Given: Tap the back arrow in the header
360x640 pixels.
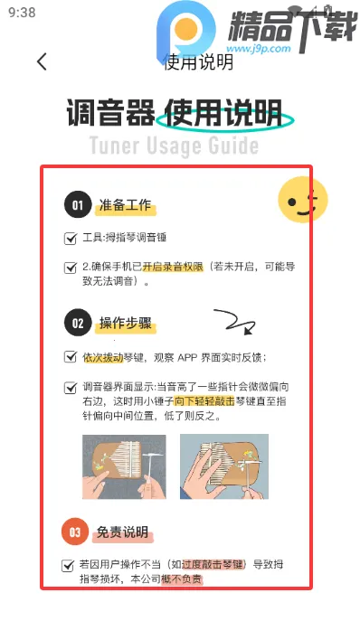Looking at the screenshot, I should pos(41,61).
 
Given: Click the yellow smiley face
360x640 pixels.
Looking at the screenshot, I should pos(301,200).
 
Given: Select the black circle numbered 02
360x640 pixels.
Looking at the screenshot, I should pos(78,323).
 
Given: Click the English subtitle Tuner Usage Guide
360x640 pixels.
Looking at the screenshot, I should pos(174,146).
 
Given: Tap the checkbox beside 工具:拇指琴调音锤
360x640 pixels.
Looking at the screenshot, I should pos(71,239).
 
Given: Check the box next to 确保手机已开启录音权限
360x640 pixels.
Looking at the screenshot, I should pos(71,268).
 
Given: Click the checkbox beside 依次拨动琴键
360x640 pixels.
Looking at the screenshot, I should pos(71,357).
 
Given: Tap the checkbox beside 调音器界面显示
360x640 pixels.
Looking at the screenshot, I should pos(71,387).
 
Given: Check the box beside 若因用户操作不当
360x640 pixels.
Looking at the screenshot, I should pos(68,565).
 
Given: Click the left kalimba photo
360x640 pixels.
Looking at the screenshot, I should pos(124,467).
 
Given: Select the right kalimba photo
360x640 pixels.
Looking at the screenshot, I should pos(223,467).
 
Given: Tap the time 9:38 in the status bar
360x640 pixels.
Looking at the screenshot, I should pos(21,13).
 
